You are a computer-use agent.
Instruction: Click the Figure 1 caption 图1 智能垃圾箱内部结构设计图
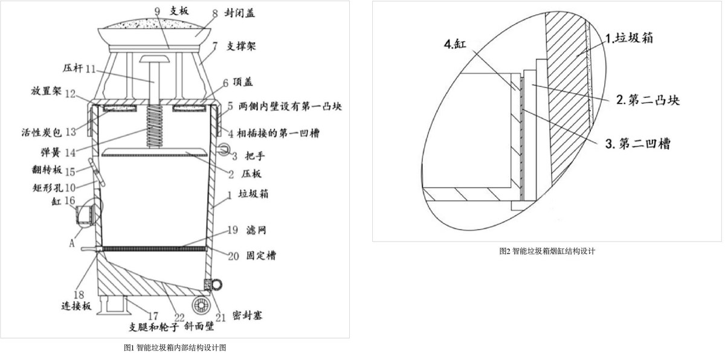click(175, 347)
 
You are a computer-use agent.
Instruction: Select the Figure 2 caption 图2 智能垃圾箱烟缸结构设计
click(547, 251)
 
